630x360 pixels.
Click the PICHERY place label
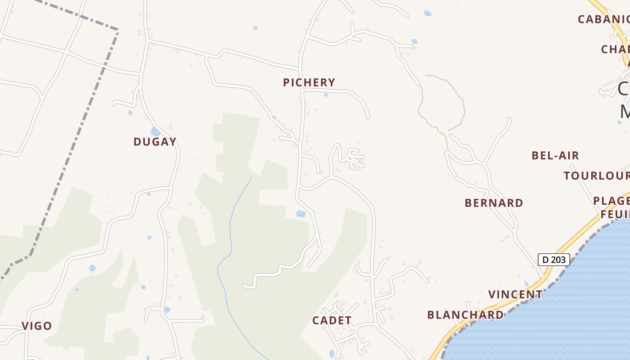pyautogui.click(x=309, y=82)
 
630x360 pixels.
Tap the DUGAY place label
pyautogui.click(x=155, y=142)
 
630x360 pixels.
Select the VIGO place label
pyautogui.click(x=37, y=326)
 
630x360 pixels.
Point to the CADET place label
pyautogui.click(x=332, y=320)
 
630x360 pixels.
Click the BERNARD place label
pyautogui.click(x=494, y=203)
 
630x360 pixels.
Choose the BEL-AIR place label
pyautogui.click(x=555, y=156)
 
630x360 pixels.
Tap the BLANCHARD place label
pyautogui.click(x=465, y=315)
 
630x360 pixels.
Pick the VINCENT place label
pyautogui.click(x=515, y=294)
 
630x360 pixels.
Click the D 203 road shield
pyautogui.click(x=553, y=260)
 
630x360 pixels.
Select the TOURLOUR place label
pyautogui.click(x=597, y=175)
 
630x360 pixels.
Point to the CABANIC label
pyautogui.click(x=603, y=19)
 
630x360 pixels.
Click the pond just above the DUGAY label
pyautogui.click(x=155, y=131)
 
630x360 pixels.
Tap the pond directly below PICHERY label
pyautogui.click(x=326, y=94)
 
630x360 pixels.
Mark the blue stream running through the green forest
pyautogui.click(x=230, y=225)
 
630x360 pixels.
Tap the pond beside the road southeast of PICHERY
pyautogui.click(x=301, y=214)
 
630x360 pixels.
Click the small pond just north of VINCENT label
pyautogui.click(x=526, y=284)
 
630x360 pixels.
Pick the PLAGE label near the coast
pyautogui.click(x=611, y=200)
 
